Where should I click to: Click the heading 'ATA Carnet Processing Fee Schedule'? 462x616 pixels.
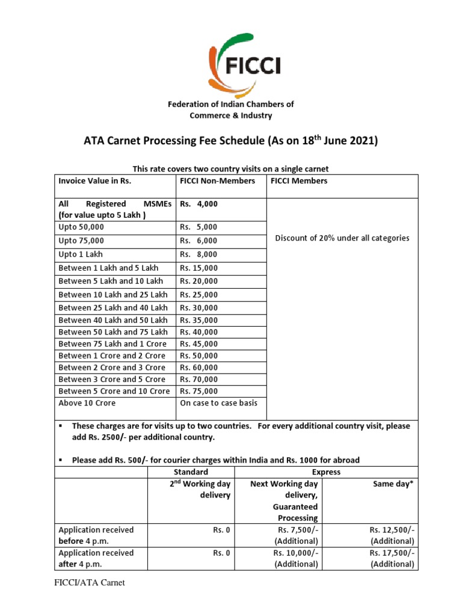click(x=231, y=141)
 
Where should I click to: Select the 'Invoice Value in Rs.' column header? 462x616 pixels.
click(x=94, y=180)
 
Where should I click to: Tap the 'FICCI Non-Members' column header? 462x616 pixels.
click(x=217, y=180)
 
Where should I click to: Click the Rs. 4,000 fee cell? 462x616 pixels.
click(x=199, y=204)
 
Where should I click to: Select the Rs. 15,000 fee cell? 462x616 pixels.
click(x=199, y=268)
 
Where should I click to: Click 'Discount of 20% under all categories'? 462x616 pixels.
click(x=342, y=238)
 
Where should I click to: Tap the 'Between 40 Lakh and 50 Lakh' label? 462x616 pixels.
click(x=113, y=320)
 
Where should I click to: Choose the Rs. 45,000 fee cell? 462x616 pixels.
click(x=199, y=344)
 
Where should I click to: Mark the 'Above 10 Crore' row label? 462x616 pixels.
click(x=87, y=403)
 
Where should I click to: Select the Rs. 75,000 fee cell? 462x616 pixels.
click(x=199, y=391)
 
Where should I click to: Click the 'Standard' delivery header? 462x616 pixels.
click(x=191, y=472)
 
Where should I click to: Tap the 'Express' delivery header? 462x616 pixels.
click(x=326, y=472)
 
